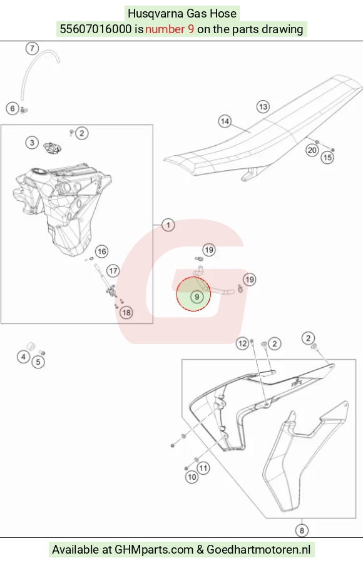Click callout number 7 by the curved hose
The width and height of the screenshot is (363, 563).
tap(32, 48)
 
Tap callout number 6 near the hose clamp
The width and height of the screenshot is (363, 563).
tap(13, 108)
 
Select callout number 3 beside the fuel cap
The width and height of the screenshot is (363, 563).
tap(32, 143)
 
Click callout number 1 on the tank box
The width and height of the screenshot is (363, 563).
tap(168, 225)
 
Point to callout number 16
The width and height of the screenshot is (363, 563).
tap(102, 251)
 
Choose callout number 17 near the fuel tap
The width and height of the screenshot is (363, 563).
tap(113, 271)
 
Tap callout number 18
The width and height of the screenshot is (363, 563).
tap(126, 312)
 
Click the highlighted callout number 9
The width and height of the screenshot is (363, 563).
tap(197, 297)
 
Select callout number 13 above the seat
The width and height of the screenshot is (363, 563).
tap(263, 106)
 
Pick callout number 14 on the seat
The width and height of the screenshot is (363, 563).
tap(225, 121)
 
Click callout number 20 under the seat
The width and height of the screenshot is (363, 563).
tap(312, 150)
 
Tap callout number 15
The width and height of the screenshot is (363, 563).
tap(327, 157)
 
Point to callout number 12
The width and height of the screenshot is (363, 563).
tap(243, 343)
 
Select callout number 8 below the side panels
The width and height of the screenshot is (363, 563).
tap(302, 530)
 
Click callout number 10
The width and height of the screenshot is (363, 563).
tap(192, 477)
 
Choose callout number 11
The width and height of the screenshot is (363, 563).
tap(203, 468)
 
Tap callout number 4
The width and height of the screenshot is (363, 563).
tap(24, 357)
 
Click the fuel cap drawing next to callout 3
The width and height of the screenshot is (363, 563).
tap(52, 147)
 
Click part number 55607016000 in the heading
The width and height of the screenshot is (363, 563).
tap(96, 29)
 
